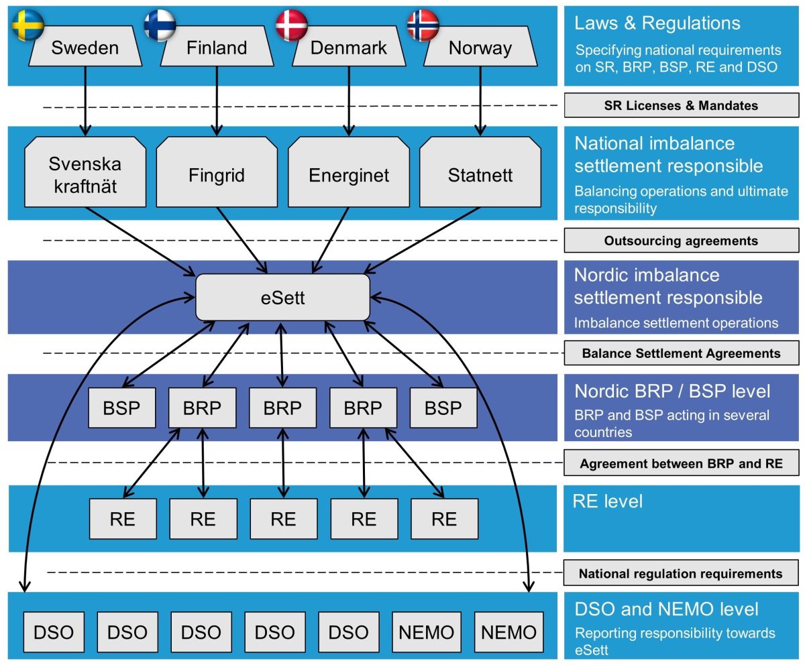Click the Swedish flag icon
(x=28, y=25)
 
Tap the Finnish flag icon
(x=160, y=25)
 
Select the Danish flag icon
(x=292, y=25)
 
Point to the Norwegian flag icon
(x=423, y=25)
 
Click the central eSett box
(x=282, y=297)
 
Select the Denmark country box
(x=348, y=48)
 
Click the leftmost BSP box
(x=122, y=408)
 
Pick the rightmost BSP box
(x=443, y=408)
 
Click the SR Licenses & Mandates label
(x=681, y=105)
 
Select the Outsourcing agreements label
(x=681, y=241)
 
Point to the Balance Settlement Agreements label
(x=681, y=353)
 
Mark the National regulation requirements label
(x=681, y=574)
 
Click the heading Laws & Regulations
(x=657, y=23)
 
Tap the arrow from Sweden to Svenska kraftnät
(x=85, y=101)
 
